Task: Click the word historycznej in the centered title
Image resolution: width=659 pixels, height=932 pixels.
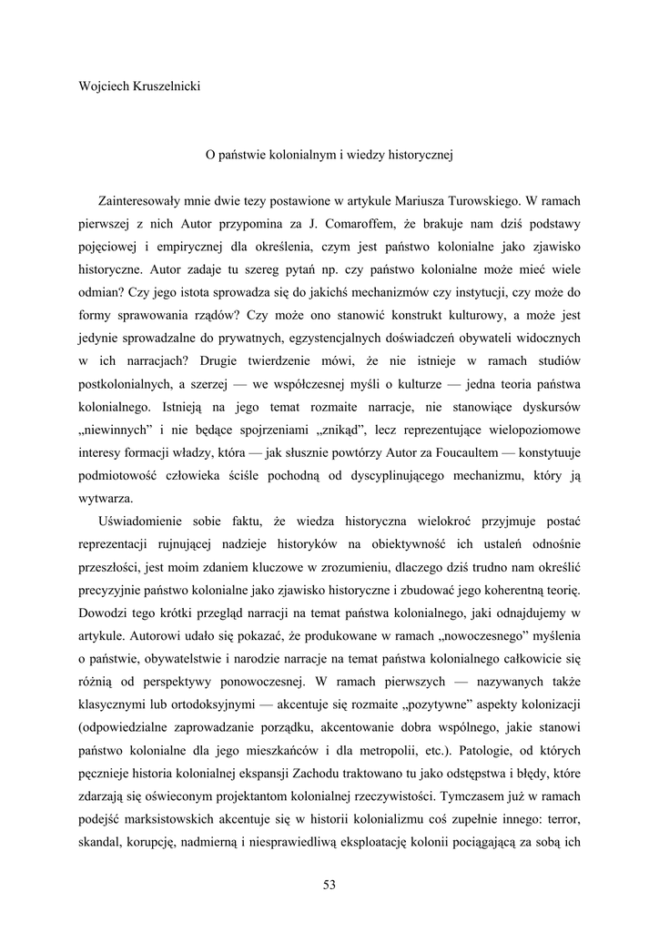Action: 418,155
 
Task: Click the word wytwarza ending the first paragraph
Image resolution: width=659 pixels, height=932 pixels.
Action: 106,497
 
